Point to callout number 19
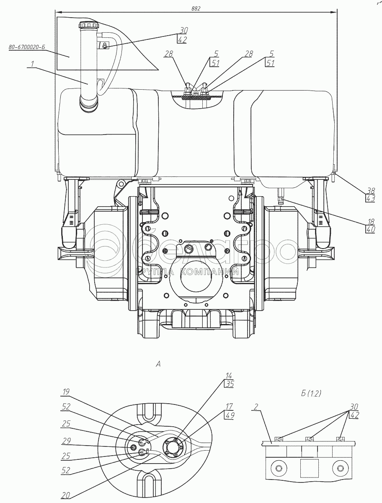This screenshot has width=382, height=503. click(66, 392)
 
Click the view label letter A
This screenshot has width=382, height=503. click(158, 364)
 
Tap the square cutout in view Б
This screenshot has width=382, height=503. click(309, 467)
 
